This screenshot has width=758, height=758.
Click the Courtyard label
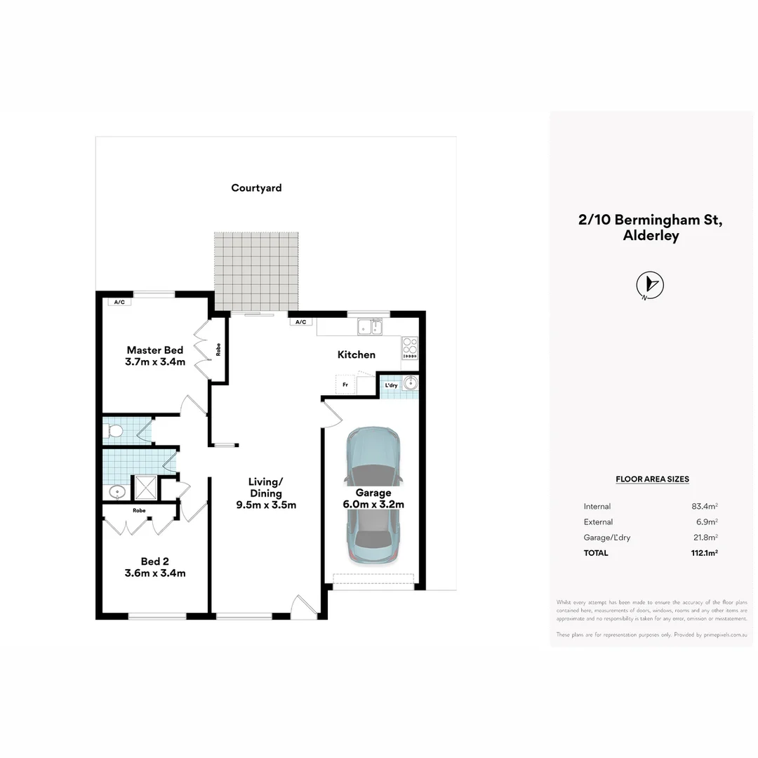256,188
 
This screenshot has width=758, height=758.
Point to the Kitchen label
357,355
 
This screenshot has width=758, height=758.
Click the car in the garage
373,496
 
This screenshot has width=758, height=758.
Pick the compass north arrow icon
650,284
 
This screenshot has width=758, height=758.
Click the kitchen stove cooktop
410,347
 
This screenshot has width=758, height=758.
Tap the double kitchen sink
369,326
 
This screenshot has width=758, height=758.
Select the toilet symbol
114,430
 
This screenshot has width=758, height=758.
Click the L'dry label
391,385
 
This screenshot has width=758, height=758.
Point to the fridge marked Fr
345,385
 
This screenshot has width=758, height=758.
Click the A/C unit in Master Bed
119,302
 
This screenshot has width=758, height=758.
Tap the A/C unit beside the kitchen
300,322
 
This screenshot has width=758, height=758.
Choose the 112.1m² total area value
704,553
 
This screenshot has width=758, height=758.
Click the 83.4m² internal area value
704,506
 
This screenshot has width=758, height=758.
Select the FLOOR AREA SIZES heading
652,479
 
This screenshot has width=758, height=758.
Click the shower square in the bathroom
146,487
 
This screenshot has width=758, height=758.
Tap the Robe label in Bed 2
139,511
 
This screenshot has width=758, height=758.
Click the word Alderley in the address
651,236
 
